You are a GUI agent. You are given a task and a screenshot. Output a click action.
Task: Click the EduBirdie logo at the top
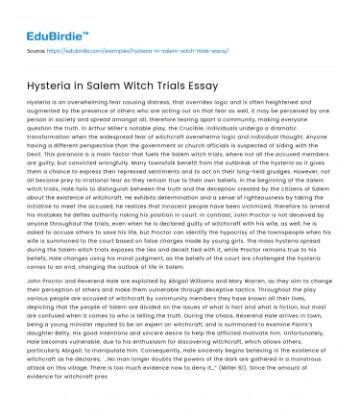coord(49,16)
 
